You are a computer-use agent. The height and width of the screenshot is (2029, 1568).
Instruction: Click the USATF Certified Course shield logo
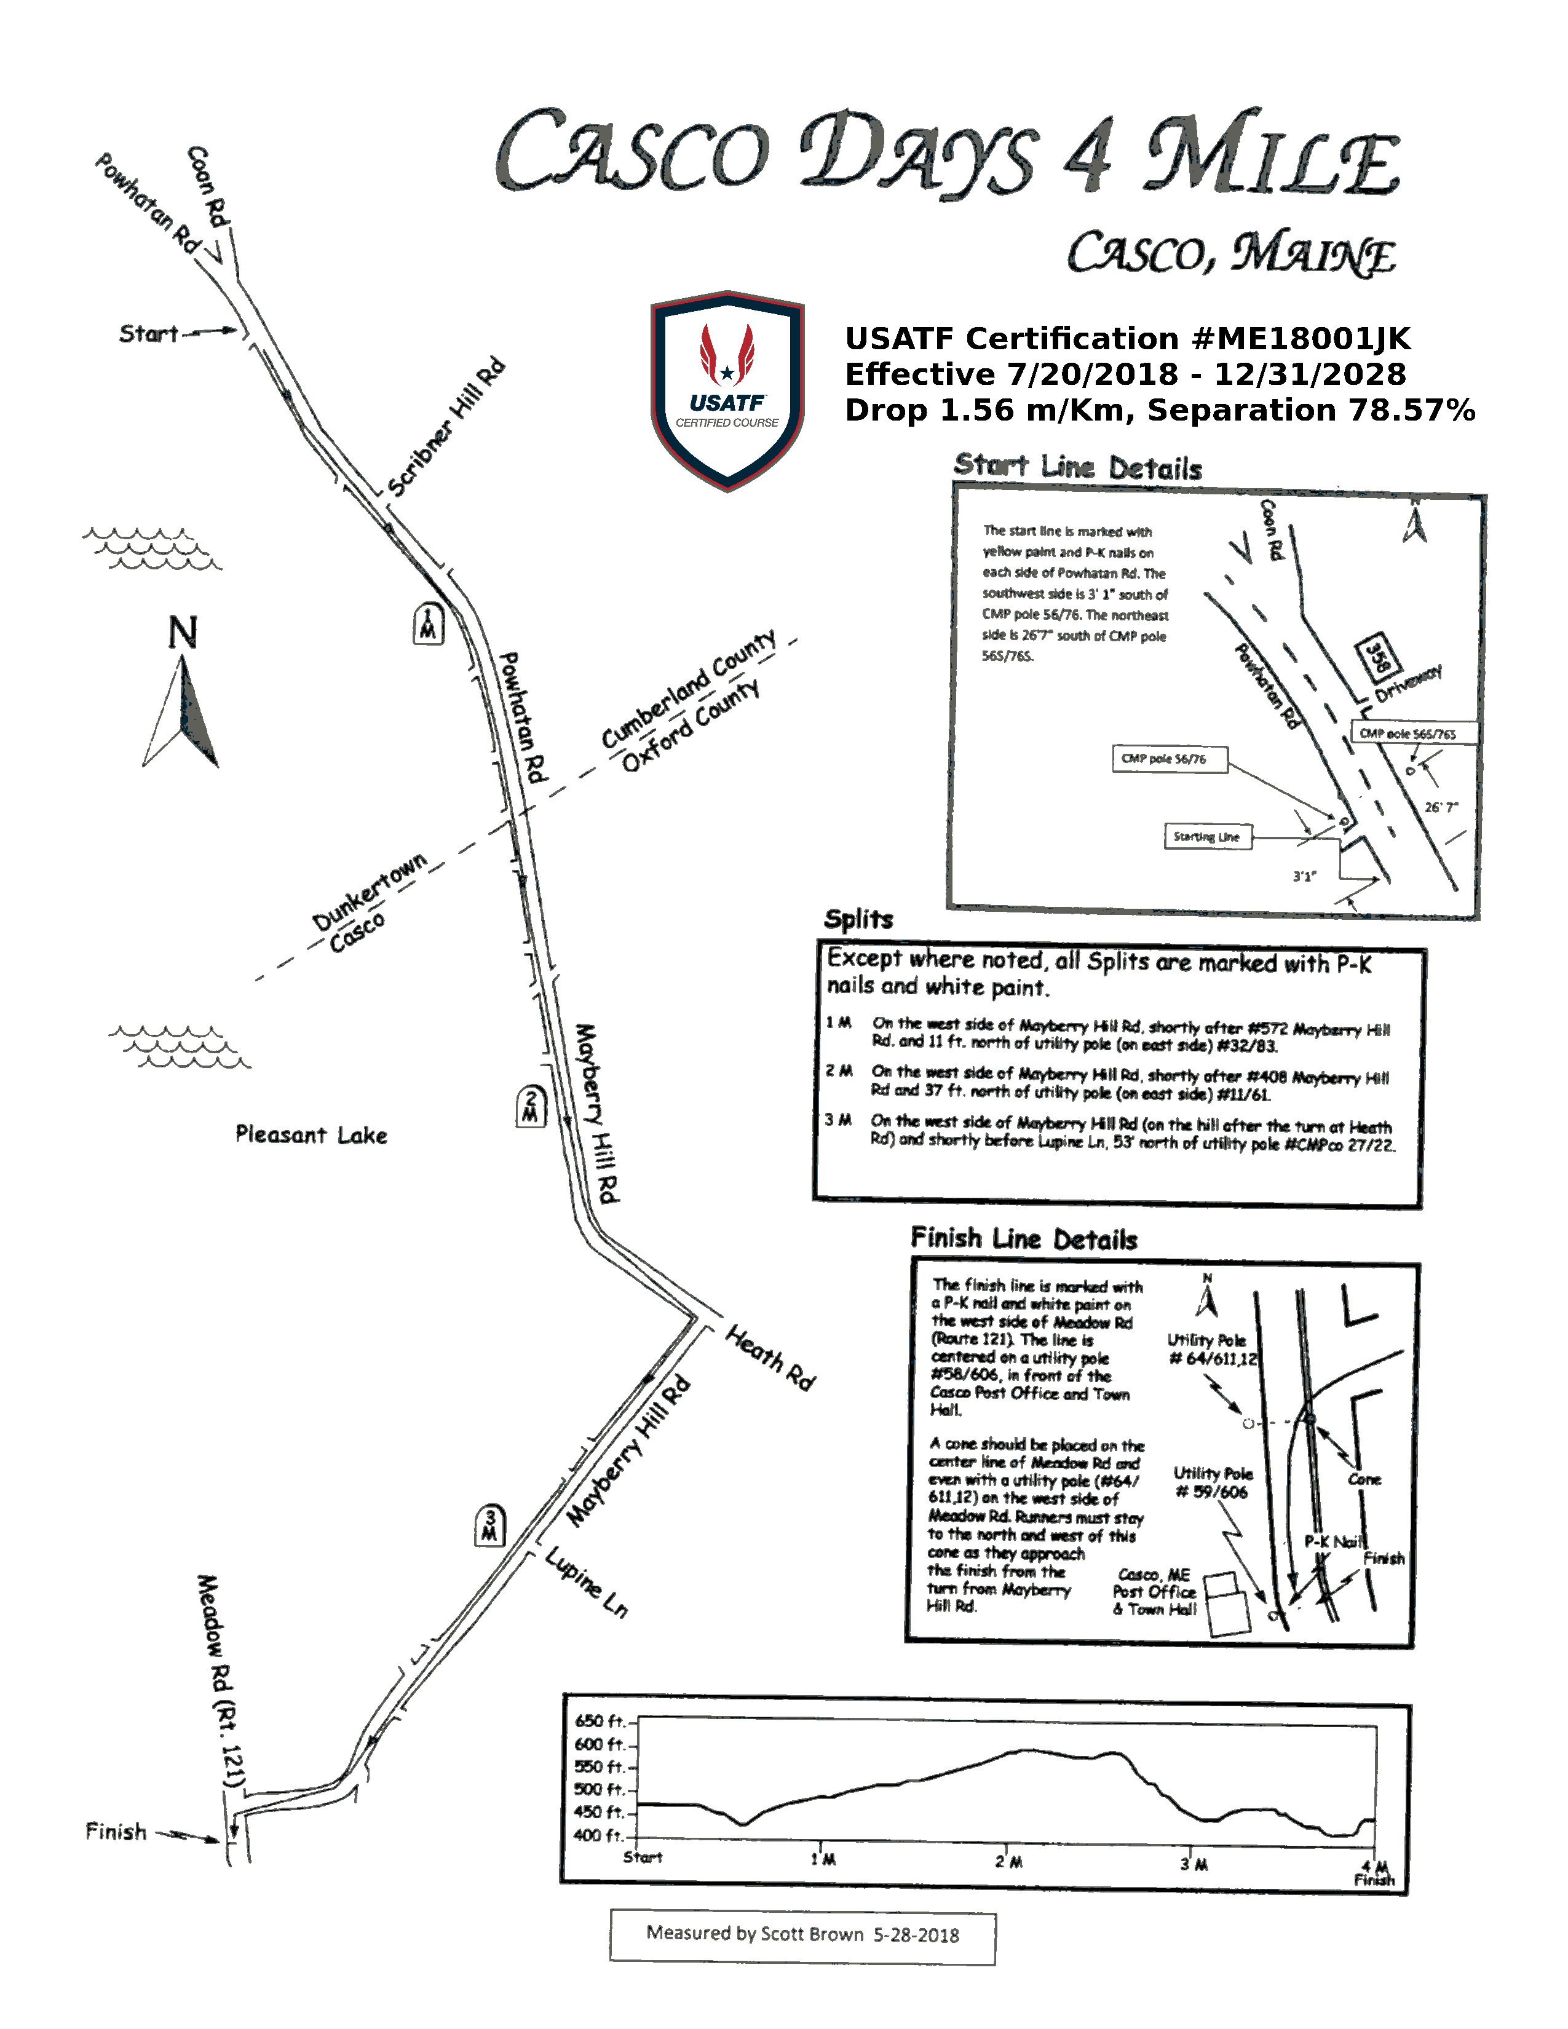[727, 390]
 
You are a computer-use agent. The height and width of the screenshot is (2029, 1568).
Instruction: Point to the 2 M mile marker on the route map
[531, 1107]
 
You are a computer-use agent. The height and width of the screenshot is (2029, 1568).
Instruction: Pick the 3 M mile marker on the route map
[489, 1525]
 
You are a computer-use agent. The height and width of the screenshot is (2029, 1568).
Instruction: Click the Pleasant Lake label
[311, 1134]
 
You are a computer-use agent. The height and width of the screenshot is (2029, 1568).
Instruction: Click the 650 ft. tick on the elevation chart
[602, 1722]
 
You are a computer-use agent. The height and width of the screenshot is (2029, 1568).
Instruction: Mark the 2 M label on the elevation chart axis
[1009, 1862]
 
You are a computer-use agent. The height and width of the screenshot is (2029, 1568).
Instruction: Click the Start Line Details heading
[1077, 467]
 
